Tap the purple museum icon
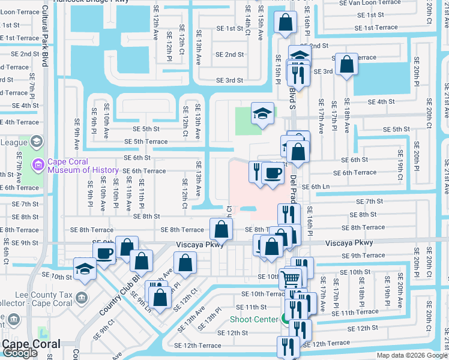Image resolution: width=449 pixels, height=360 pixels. [x=38, y=164]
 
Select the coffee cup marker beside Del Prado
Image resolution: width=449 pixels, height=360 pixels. [x=273, y=173]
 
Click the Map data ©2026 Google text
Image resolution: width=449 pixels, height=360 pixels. [x=411, y=355]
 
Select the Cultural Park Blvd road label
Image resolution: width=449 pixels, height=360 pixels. [x=46, y=36]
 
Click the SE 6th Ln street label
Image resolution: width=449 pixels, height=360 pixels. [x=317, y=187]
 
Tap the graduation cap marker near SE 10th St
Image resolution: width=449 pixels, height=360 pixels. [x=85, y=269]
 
